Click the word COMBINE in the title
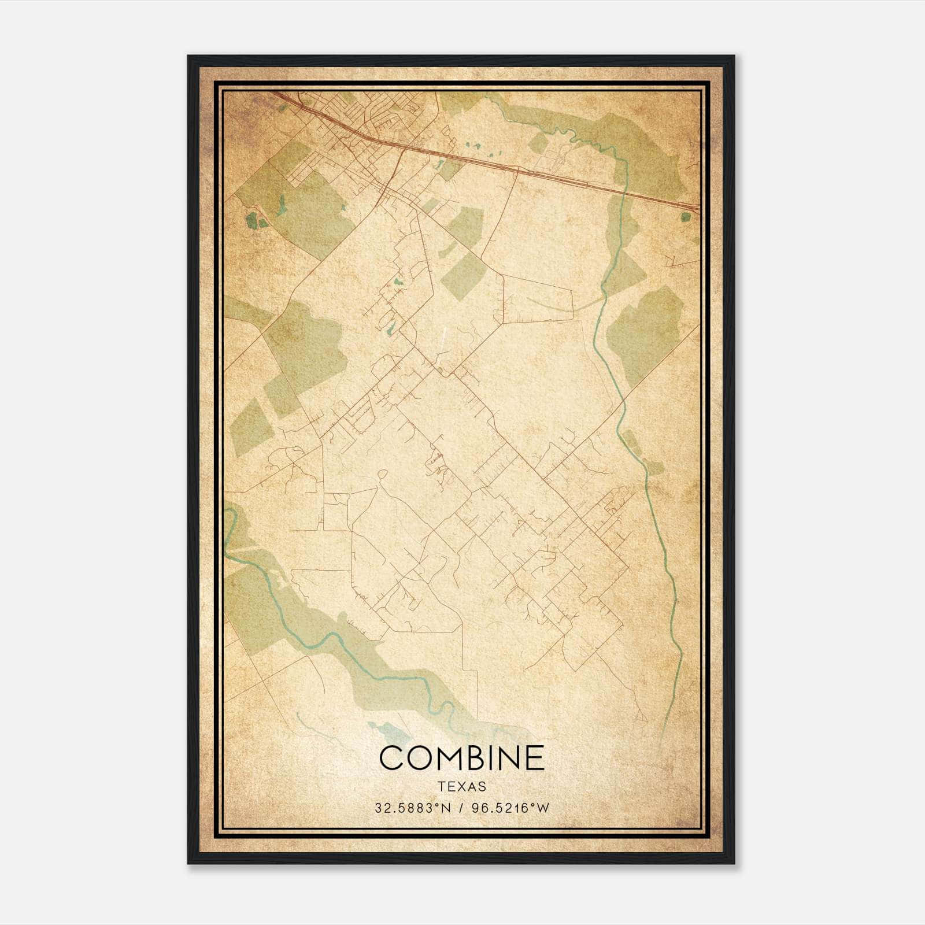click(x=462, y=758)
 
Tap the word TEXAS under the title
click(x=462, y=786)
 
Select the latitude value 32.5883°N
click(x=412, y=808)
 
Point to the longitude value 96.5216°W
click(x=510, y=808)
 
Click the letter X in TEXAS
click(x=462, y=786)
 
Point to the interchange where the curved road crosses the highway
click(x=399, y=149)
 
